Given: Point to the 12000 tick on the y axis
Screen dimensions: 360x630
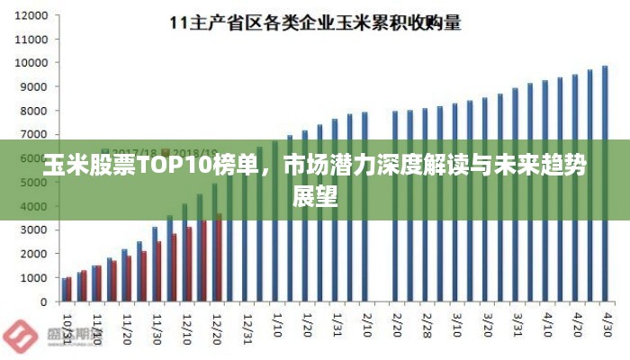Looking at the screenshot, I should click(x=32, y=16).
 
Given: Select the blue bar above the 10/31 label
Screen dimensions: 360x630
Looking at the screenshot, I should click(x=64, y=290).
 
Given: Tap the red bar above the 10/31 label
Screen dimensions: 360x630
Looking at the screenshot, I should click(x=69, y=290).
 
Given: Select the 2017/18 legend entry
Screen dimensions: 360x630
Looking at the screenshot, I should click(x=135, y=151).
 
